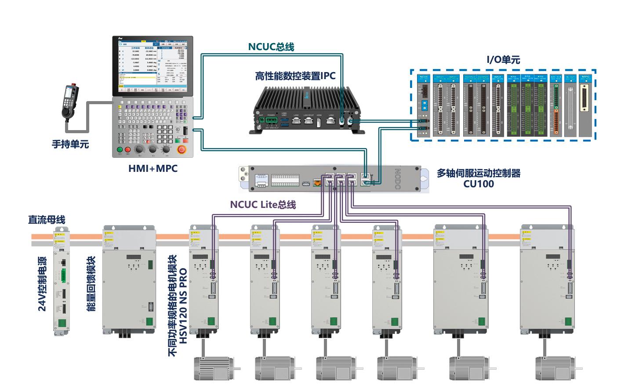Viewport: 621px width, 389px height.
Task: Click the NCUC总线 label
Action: click(x=271, y=47)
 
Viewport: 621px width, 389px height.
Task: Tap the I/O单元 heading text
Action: click(x=503, y=60)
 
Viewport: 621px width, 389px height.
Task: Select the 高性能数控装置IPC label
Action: click(x=295, y=76)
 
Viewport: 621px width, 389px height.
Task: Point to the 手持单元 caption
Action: click(x=70, y=144)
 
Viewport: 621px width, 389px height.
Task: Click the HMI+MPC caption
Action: click(x=153, y=168)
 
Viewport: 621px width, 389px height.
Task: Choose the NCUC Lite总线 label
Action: click(x=263, y=204)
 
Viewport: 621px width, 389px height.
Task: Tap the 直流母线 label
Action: click(x=47, y=219)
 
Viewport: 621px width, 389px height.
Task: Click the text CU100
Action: click(x=478, y=184)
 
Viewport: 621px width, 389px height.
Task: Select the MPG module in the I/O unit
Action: click(x=585, y=105)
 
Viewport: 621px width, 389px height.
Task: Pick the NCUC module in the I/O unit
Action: click(x=424, y=105)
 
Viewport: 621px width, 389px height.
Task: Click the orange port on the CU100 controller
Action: click(x=316, y=182)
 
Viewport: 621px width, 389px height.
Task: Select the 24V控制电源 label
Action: click(x=42, y=284)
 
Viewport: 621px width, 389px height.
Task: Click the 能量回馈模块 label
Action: click(x=91, y=284)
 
